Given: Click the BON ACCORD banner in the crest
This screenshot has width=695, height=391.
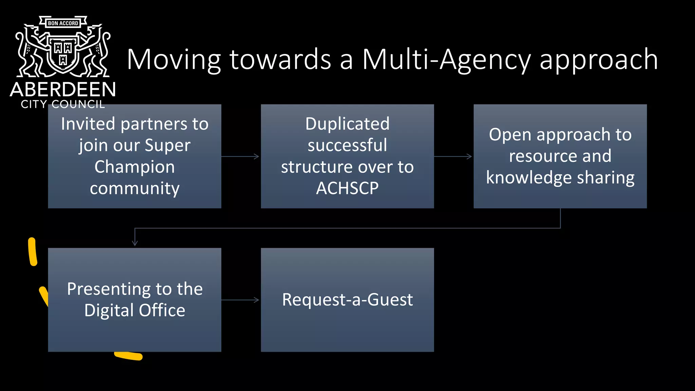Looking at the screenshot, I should click(x=63, y=23).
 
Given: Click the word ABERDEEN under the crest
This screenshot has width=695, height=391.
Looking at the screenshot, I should click(x=63, y=90).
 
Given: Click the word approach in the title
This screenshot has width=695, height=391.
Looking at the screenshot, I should click(x=599, y=60).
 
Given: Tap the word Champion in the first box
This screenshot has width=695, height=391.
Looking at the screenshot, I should click(x=135, y=167).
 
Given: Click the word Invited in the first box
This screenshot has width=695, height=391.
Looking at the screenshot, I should click(x=89, y=124).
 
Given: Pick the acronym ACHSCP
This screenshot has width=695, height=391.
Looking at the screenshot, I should click(x=347, y=188).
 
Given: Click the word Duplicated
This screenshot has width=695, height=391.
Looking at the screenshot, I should click(x=347, y=124).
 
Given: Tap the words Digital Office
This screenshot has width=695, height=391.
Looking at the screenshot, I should click(x=135, y=311).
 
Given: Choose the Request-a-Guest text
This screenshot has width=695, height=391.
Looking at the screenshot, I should click(x=347, y=300).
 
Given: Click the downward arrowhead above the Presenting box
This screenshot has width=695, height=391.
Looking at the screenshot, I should click(x=135, y=242).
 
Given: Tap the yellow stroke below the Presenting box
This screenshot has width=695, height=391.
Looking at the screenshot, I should click(x=128, y=356).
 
